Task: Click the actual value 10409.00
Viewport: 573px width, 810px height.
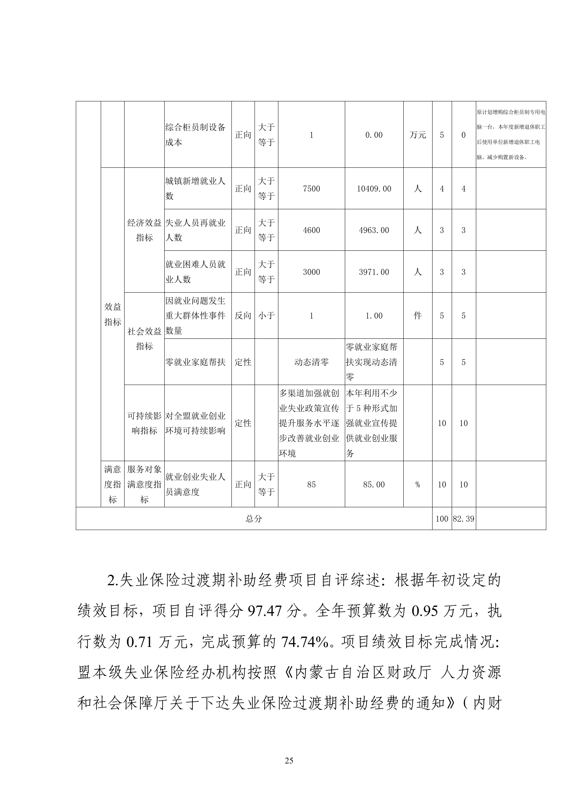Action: click(374, 189)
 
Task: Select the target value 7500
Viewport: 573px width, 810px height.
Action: click(311, 189)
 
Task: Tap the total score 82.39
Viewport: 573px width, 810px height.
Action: click(464, 519)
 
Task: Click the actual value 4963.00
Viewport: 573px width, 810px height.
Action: click(374, 230)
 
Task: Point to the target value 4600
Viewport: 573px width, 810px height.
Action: click(311, 230)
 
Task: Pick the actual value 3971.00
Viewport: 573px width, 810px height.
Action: click(374, 272)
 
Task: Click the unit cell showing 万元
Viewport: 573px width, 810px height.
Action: click(417, 135)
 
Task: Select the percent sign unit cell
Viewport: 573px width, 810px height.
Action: click(417, 485)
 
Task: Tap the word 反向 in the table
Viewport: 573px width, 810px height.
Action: click(243, 316)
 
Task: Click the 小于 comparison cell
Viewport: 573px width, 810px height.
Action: click(266, 316)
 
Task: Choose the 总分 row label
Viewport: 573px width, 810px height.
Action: click(254, 519)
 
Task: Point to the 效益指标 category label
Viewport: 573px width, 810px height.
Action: click(113, 314)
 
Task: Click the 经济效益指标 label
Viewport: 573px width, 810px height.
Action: click(144, 230)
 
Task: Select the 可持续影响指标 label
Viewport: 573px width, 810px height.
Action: click(144, 423)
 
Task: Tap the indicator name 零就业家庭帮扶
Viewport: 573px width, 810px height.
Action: click(195, 362)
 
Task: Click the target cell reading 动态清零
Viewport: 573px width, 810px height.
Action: click(311, 362)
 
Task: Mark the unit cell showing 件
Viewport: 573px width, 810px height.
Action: click(417, 316)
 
